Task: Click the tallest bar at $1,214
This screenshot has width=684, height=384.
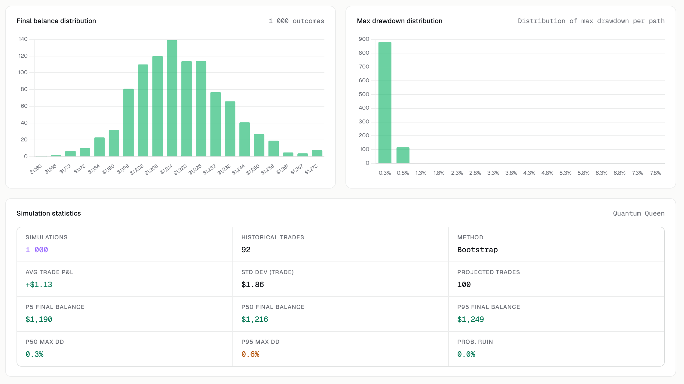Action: [172, 98]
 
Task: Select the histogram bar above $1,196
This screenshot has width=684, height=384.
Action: [128, 122]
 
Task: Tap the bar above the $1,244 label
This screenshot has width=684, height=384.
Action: [244, 139]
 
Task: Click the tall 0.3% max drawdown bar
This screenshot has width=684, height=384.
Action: [385, 102]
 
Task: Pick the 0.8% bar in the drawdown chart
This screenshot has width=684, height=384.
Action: [403, 155]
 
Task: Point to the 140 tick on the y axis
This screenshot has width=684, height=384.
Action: [23, 39]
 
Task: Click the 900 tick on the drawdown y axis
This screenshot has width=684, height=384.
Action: [364, 39]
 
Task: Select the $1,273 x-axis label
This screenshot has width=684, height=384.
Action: [311, 169]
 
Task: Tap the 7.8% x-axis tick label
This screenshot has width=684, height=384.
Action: [655, 173]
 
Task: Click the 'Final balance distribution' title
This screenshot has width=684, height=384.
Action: [56, 21]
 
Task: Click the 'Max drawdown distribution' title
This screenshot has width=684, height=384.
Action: [400, 21]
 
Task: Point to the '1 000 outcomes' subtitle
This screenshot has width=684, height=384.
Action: [296, 21]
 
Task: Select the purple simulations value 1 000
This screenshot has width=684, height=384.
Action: [37, 250]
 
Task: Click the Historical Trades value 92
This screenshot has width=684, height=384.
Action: [246, 250]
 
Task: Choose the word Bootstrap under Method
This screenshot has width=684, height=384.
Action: [477, 250]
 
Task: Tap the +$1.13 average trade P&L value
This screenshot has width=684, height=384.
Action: [39, 285]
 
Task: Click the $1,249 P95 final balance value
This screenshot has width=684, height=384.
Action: [471, 319]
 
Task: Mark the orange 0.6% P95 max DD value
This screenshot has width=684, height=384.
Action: [250, 354]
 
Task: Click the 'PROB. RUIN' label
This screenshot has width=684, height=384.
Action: [475, 342]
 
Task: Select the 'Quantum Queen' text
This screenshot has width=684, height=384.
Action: [639, 213]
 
